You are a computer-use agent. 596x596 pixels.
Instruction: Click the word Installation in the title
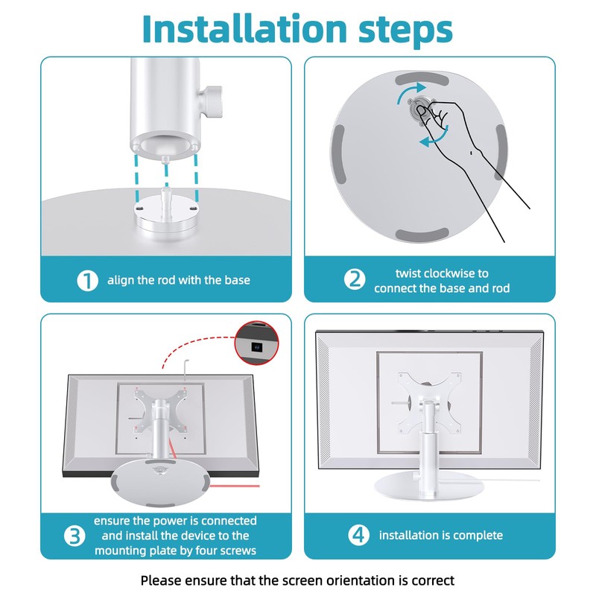pos(245,29)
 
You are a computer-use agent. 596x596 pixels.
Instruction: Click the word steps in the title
pos(405,31)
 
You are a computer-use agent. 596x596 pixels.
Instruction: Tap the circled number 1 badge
pos(87,280)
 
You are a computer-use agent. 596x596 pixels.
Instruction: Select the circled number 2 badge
pos(355,280)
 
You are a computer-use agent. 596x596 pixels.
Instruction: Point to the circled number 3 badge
pos(74,536)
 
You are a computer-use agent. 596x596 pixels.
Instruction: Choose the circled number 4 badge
pos(359,535)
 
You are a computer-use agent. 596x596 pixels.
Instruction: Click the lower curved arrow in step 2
pos(434,138)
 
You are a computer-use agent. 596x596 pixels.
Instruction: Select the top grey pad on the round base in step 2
pos(422,80)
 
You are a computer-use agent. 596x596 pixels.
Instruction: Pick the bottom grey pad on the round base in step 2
pos(422,235)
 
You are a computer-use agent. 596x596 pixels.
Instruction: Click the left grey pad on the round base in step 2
pos(338,155)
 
